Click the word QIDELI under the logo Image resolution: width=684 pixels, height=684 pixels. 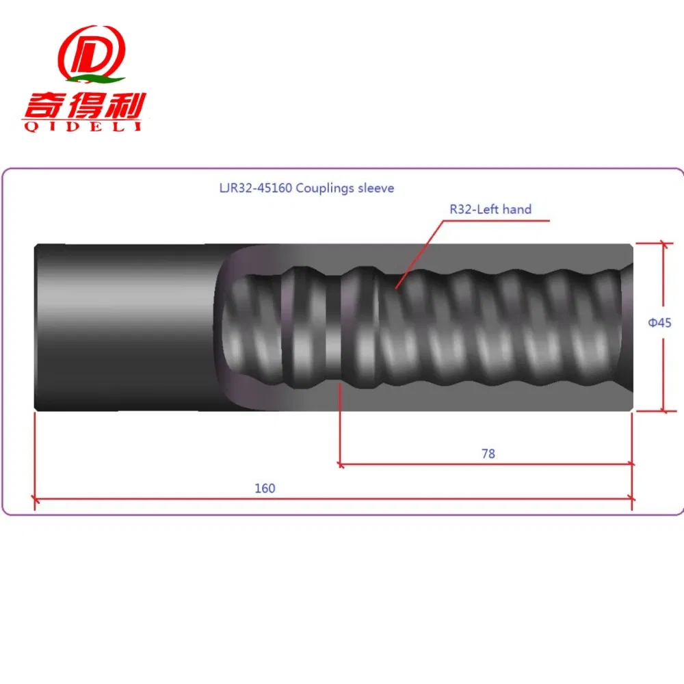[x=81, y=127]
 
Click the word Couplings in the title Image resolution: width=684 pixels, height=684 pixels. [x=322, y=187]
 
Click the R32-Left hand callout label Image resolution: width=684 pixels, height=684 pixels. [x=490, y=209]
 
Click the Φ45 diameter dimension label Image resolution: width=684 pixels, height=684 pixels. [x=659, y=322]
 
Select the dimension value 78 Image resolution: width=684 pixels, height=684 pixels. [x=488, y=453]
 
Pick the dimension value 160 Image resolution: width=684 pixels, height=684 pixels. [x=265, y=488]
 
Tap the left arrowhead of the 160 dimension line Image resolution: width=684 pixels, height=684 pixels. [x=38, y=499]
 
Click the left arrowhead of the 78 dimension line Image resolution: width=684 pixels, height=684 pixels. [x=343, y=464]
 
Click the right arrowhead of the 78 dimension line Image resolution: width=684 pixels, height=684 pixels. [x=629, y=464]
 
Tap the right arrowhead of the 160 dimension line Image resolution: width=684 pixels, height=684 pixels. [x=630, y=499]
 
